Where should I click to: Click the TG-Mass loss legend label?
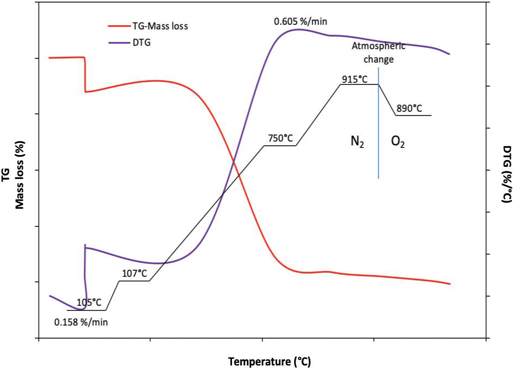[160, 26]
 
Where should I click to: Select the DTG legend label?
[141, 42]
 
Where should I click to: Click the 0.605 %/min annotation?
[300, 21]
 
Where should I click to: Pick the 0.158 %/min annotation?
[81, 322]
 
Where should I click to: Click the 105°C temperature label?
[89, 302]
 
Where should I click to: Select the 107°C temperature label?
[134, 273]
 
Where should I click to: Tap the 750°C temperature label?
[281, 138]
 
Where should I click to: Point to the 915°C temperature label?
[355, 79]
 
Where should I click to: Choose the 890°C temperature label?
[409, 108]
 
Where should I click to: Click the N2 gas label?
[357, 142]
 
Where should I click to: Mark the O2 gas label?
[398, 142]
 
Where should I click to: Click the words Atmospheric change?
[378, 53]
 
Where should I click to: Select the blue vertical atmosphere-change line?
[378, 145]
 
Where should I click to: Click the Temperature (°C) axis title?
[269, 362]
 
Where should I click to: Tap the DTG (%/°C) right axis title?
[507, 174]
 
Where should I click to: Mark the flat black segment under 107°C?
[134, 281]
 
